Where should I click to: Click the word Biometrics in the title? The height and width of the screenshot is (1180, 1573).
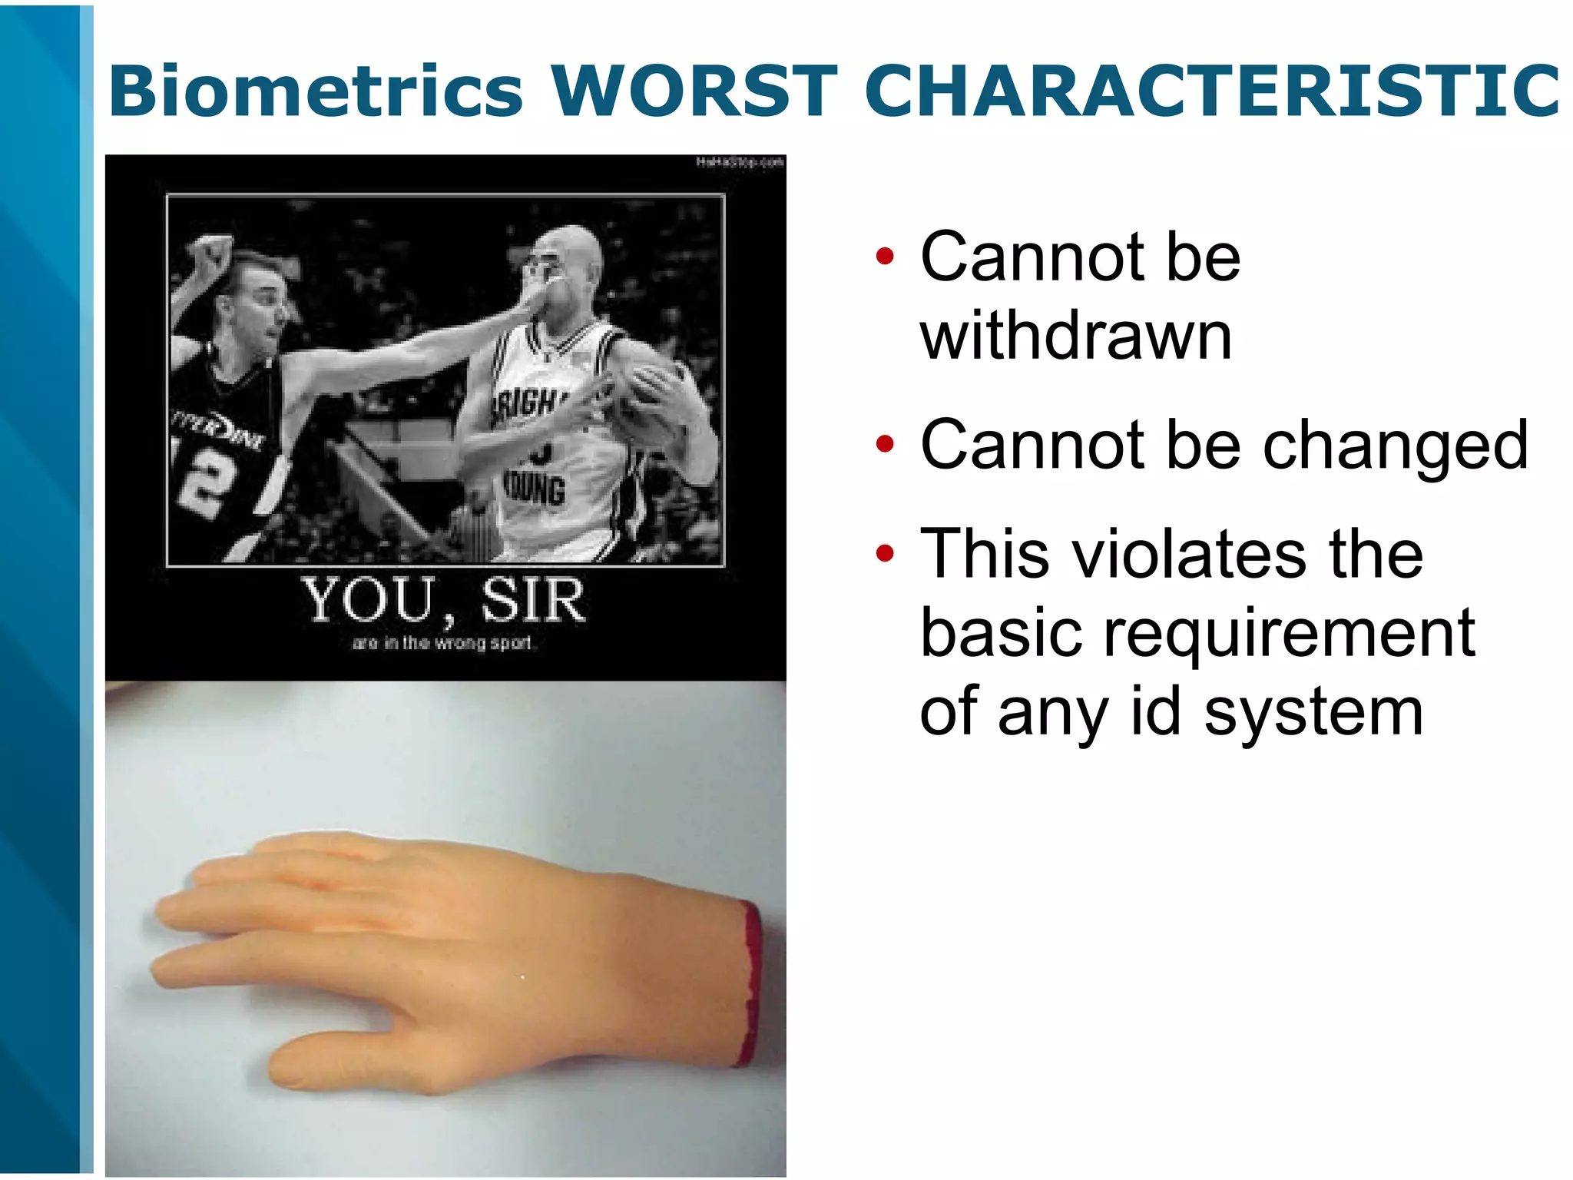click(x=316, y=91)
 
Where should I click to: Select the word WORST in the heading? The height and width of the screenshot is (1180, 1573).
click(x=694, y=91)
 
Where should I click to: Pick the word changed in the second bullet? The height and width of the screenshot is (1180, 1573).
click(x=1395, y=446)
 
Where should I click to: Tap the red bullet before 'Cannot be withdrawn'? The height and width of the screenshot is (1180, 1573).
click(x=885, y=257)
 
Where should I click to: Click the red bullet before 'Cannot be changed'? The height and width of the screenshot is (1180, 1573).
click(x=885, y=444)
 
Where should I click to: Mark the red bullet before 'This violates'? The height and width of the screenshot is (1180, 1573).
click(x=885, y=552)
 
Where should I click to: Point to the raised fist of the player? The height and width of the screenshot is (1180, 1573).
click(x=209, y=254)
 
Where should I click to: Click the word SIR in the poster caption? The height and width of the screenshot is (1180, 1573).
click(x=533, y=601)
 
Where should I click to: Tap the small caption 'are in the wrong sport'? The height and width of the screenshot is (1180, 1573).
click(x=442, y=643)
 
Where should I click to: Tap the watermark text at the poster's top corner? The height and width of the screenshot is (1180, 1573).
click(x=739, y=162)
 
